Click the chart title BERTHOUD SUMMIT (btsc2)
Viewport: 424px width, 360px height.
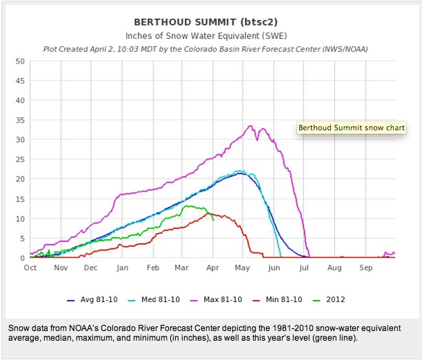212,21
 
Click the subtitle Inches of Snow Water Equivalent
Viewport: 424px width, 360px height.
212,35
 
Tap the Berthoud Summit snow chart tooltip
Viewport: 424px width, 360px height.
352,128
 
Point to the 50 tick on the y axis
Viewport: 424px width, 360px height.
20,61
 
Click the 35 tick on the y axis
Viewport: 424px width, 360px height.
20,121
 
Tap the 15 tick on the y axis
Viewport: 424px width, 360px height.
20,199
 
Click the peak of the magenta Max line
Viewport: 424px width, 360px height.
250,126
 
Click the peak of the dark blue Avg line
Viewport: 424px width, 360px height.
239,173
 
